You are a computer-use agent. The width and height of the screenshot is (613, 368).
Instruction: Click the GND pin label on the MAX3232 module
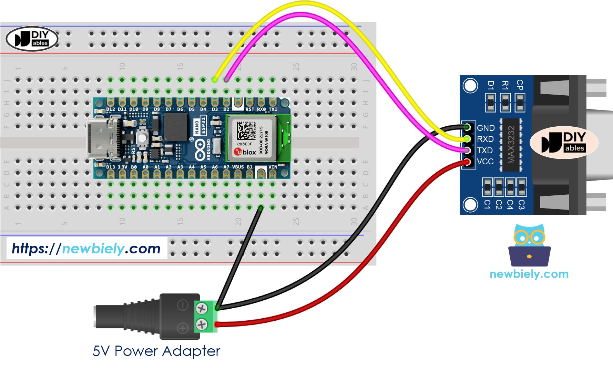coord(486,128)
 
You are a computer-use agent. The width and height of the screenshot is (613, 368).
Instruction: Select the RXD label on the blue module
coord(485,139)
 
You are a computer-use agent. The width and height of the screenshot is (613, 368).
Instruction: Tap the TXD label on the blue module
coord(484,151)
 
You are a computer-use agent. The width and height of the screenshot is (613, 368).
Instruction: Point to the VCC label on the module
coord(485,162)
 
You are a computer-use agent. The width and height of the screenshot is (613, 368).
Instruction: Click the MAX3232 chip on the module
coord(511,145)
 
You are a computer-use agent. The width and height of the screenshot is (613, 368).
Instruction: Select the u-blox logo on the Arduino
coord(245,152)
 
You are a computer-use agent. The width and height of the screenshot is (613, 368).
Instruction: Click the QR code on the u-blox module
coord(246,130)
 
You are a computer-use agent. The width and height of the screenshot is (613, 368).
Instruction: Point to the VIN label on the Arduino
coord(273,167)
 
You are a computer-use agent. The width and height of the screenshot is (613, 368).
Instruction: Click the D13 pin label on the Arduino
coord(111,167)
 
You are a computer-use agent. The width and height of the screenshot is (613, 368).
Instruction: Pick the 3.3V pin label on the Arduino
coord(122,167)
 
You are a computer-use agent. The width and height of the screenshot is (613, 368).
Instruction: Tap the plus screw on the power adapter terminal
coord(202,325)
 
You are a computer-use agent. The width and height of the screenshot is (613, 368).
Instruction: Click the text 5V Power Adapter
coord(156,351)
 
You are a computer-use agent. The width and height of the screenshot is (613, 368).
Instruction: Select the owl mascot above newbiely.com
coord(529,245)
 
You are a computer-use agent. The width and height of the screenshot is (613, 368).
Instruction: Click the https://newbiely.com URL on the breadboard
coord(86,248)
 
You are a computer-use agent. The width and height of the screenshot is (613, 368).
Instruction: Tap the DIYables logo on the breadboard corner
coord(32,39)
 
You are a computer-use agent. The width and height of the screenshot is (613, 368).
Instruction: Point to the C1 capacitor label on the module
coord(487,204)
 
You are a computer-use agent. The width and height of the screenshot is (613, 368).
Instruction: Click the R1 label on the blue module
coord(505,85)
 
